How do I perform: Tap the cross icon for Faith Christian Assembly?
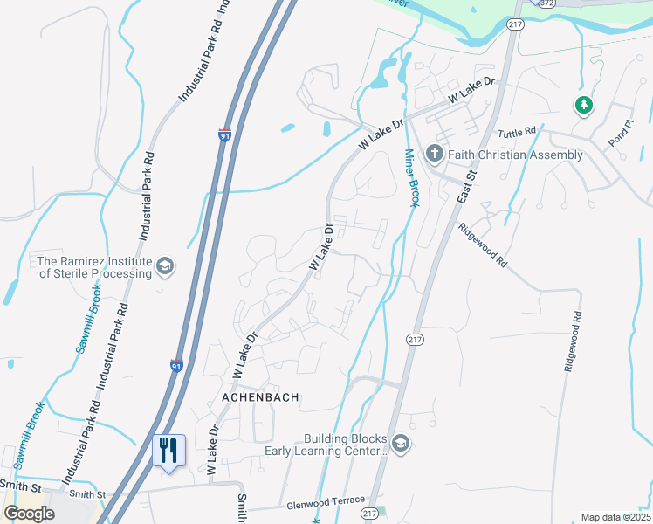coord(435,155)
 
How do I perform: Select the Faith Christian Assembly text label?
coord(515,155)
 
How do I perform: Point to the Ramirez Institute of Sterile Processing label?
coord(90,267)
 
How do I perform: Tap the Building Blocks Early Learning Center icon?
coord(400,445)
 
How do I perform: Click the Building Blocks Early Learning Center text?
coord(326,445)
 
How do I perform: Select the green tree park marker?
coord(583,107)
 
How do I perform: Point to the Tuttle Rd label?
coord(517,133)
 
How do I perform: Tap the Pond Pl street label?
coord(619,133)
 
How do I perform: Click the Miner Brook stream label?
coord(410,178)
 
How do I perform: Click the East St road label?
coord(467,188)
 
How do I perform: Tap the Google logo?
coord(29,514)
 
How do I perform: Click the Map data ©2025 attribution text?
coord(615,517)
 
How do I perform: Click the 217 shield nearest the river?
coord(514,25)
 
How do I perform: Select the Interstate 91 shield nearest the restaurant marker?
coord(176,367)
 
